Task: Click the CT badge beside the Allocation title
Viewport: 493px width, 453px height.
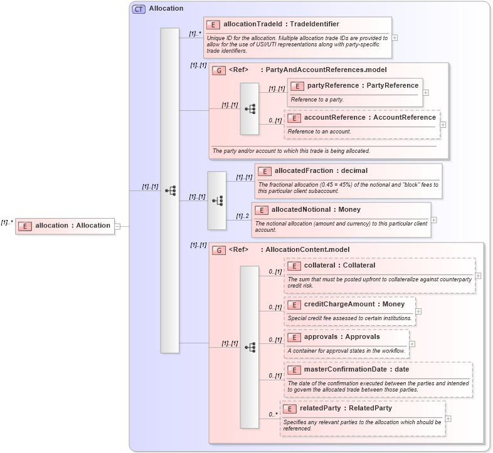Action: click(139, 9)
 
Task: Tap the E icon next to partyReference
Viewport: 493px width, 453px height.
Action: click(297, 86)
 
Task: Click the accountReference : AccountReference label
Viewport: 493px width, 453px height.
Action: click(369, 117)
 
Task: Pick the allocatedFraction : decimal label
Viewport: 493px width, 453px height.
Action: click(321, 170)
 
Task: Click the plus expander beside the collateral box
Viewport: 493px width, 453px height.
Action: click(478, 275)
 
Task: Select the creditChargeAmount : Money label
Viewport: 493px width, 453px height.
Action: click(354, 304)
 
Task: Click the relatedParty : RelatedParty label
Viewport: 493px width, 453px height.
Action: click(346, 408)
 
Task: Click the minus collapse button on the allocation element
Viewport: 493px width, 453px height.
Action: click(117, 226)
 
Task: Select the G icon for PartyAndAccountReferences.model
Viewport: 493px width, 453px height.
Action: click(218, 70)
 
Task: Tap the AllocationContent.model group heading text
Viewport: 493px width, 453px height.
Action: click(307, 249)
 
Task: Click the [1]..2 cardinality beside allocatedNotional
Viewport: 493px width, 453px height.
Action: click(242, 216)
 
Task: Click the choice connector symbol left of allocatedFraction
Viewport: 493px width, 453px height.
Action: click(217, 200)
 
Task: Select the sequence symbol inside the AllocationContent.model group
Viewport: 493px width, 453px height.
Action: click(250, 346)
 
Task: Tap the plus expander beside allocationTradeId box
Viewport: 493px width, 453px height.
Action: click(395, 37)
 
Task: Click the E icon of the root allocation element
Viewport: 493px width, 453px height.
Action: click(24, 226)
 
